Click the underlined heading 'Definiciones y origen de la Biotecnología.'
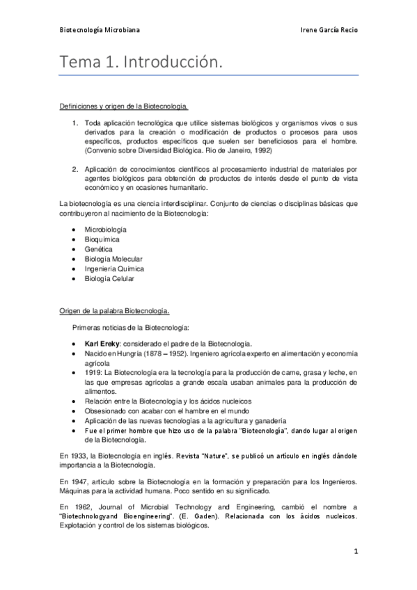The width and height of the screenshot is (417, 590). (124, 106)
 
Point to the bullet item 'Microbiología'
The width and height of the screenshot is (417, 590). (106, 229)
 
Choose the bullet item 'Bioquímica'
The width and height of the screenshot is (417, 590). (102, 239)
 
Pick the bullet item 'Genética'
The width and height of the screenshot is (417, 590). (98, 248)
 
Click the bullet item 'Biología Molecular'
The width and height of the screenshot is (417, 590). (113, 259)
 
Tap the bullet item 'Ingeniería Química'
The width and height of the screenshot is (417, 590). (114, 269)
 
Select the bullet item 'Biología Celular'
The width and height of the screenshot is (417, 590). (109, 278)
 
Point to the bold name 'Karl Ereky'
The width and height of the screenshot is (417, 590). (101, 344)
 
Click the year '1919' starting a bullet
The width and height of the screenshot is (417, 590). (92, 373)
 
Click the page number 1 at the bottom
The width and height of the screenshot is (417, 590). (355, 552)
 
